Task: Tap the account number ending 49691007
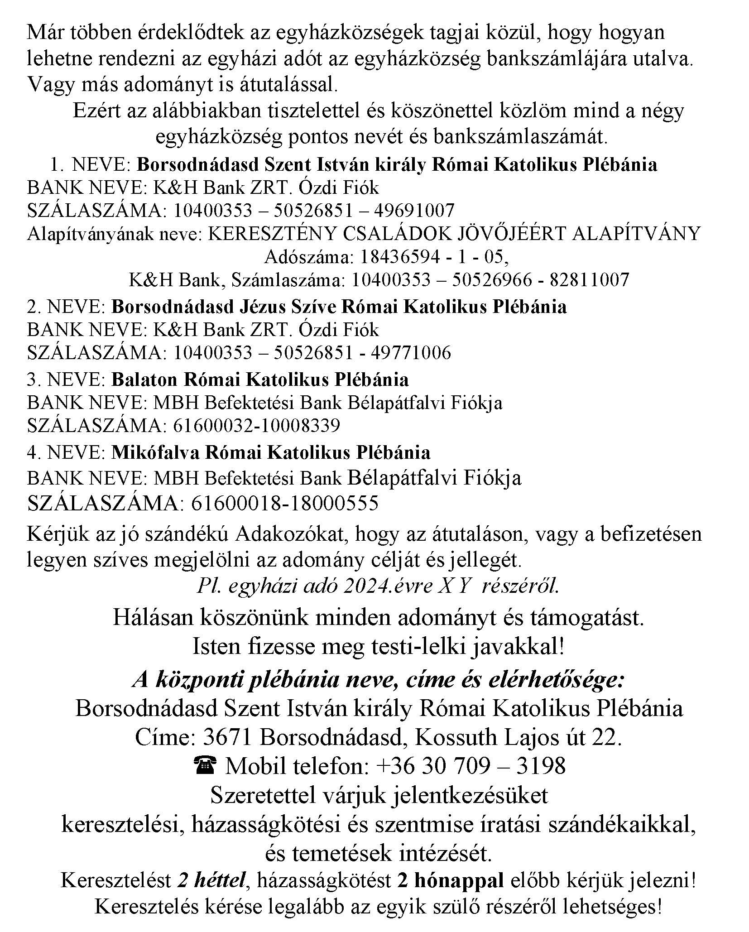tap(314, 211)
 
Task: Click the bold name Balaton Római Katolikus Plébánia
tap(260, 380)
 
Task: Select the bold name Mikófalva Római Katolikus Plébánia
tap(271, 452)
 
